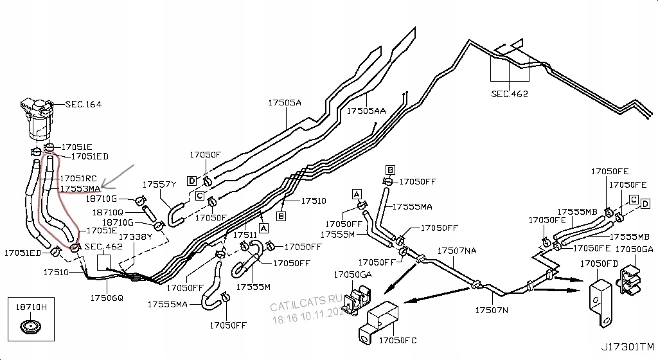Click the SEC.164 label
tap(84, 104)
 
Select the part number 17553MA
tap(80, 189)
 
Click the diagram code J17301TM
tap(627, 347)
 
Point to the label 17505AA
tap(366, 111)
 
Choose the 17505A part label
tap(285, 102)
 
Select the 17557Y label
tap(159, 184)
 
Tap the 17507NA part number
tap(457, 251)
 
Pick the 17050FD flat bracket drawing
tap(601, 303)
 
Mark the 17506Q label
tap(107, 298)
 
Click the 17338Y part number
tap(136, 237)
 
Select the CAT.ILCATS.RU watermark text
tap(307, 303)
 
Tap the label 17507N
tap(492, 310)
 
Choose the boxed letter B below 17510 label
tap(281, 216)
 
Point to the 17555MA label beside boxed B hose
tap(412, 206)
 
